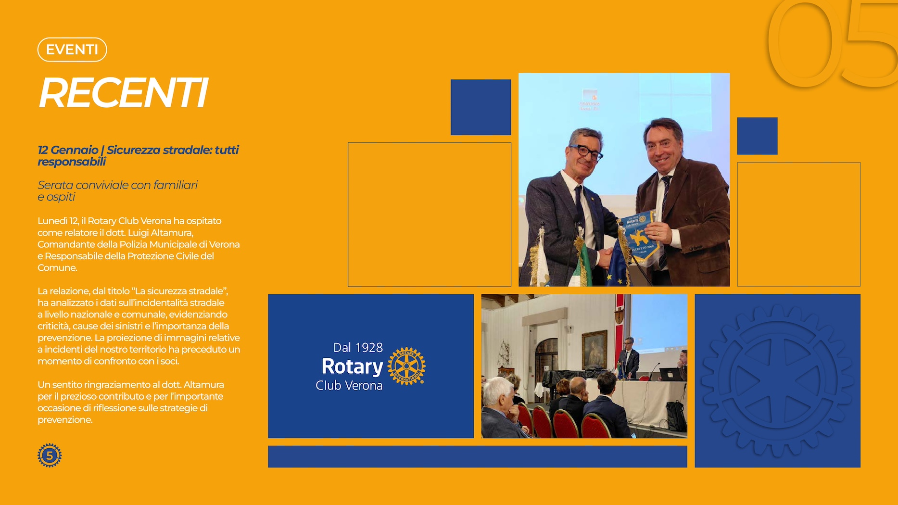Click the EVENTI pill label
pos(72,50)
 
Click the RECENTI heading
pos(123,93)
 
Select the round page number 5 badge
pos(50,455)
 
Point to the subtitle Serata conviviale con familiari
pos(117,185)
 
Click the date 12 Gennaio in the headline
pos(68,150)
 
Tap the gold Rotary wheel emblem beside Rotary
pos(406,366)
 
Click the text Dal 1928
pos(358,347)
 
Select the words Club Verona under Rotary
pos(349,385)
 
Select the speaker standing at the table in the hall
pos(629,358)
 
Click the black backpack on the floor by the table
pos(676,416)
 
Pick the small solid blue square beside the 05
pos(757,136)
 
